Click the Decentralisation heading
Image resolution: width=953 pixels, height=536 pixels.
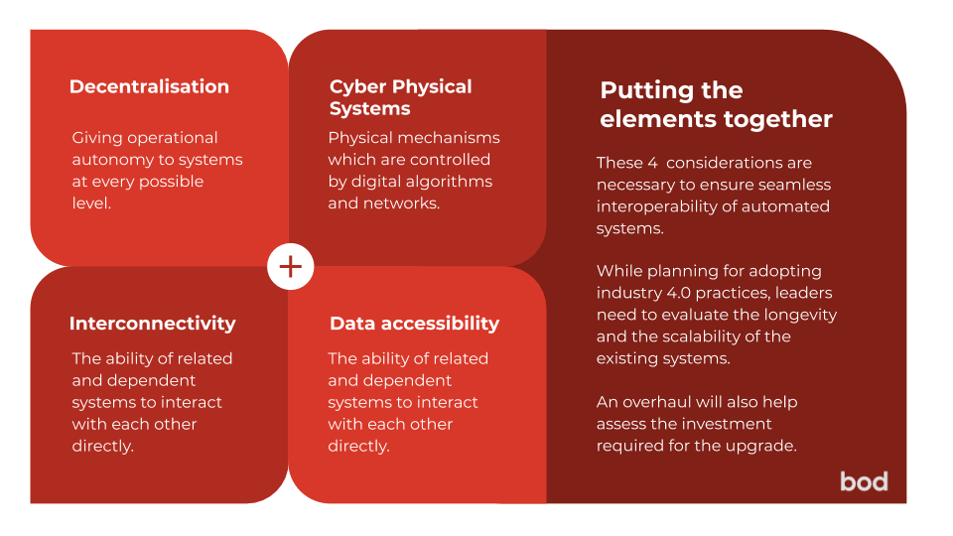pos(149,87)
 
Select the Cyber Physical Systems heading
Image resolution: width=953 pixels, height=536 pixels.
pos(400,97)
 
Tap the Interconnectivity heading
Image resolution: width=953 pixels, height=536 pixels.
pos(153,324)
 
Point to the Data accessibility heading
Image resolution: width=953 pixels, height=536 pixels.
pos(415,324)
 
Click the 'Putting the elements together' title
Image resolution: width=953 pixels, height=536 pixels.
pos(716,104)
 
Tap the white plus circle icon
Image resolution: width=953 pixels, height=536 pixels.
pos(291,267)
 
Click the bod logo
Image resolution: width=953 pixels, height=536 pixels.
pos(864,482)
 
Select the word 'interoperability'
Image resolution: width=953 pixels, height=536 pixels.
pos(657,207)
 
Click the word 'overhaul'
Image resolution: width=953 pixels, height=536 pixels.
pos(657,402)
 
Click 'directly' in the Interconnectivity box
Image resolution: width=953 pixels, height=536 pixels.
pos(102,447)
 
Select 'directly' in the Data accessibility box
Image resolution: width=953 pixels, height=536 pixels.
pos(358,447)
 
